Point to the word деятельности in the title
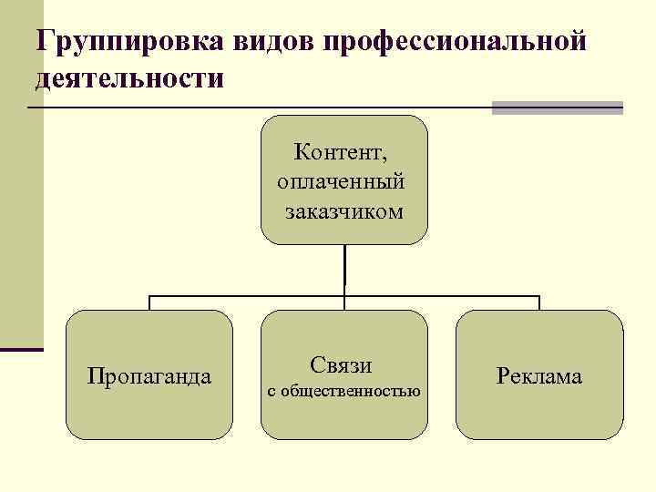tap(128, 77)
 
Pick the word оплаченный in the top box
tap(342, 180)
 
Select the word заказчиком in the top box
tap(343, 211)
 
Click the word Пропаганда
tap(149, 375)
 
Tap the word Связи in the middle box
tap(341, 365)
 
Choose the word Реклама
tap(539, 376)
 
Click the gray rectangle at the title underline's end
tap(557, 108)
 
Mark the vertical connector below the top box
tap(344, 269)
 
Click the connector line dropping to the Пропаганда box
tap(149, 302)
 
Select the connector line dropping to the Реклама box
tap(538, 302)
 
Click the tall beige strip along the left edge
tap(21, 182)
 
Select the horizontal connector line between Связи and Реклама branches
tap(442, 296)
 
